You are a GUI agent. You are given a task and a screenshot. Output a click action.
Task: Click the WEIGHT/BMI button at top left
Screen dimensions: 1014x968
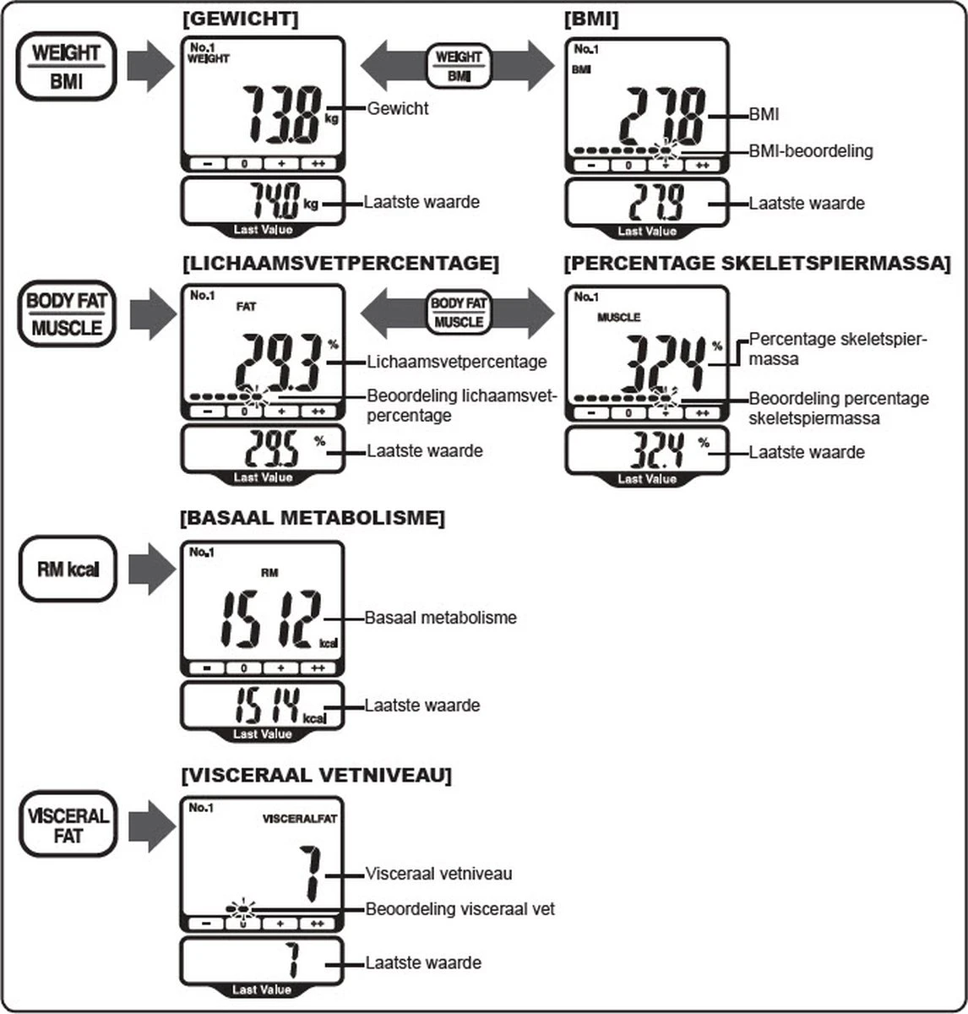[x=66, y=67]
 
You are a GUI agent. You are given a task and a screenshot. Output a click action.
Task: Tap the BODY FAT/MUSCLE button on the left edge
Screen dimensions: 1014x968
[x=67, y=313]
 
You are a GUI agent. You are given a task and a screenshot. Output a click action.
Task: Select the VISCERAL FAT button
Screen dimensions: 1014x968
[x=67, y=826]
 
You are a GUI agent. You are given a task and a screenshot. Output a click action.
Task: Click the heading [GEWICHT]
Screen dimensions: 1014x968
[x=240, y=19]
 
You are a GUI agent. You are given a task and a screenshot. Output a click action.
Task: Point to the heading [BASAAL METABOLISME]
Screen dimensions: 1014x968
[x=313, y=518]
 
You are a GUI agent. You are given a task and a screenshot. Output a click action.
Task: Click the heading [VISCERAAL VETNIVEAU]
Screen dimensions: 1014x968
[x=316, y=774]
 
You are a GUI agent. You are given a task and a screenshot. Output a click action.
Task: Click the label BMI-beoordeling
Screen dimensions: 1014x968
[x=811, y=151]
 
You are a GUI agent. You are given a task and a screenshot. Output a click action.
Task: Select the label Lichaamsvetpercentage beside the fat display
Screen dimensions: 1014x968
[x=457, y=362]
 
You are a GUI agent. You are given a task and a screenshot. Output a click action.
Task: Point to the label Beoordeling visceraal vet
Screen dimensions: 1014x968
[x=460, y=909]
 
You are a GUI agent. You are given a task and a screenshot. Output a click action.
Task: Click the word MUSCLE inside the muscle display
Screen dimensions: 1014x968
[x=618, y=317]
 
